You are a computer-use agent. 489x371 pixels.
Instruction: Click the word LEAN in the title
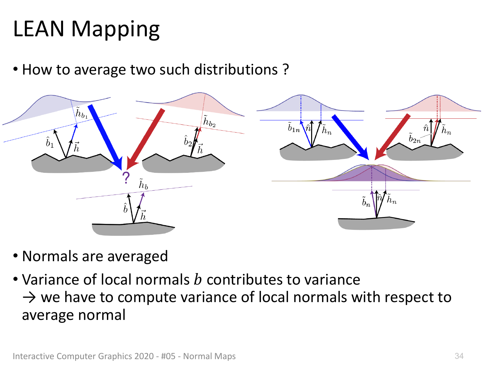(x=39, y=29)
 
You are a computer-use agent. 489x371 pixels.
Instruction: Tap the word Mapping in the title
(x=115, y=30)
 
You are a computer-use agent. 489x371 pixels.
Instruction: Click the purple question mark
(x=126, y=178)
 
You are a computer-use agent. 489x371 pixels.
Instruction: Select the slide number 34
(x=459, y=356)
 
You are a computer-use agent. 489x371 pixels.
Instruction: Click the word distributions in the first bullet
(x=236, y=70)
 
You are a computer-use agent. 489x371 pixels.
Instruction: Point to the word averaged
(x=138, y=257)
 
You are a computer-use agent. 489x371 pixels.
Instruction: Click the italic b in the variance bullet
(x=198, y=279)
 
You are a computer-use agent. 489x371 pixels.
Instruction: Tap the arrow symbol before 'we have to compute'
(x=29, y=297)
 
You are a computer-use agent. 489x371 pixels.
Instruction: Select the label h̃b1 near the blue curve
(x=81, y=112)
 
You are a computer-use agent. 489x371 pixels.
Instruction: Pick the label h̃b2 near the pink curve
(x=209, y=121)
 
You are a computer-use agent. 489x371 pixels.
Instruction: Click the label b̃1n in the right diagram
(x=294, y=127)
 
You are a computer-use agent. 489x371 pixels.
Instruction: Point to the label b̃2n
(x=414, y=138)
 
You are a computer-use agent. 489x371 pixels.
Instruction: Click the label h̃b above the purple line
(x=143, y=184)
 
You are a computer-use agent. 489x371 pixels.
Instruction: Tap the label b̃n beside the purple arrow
(x=366, y=201)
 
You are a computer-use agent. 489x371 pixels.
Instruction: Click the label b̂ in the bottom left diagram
(x=125, y=208)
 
